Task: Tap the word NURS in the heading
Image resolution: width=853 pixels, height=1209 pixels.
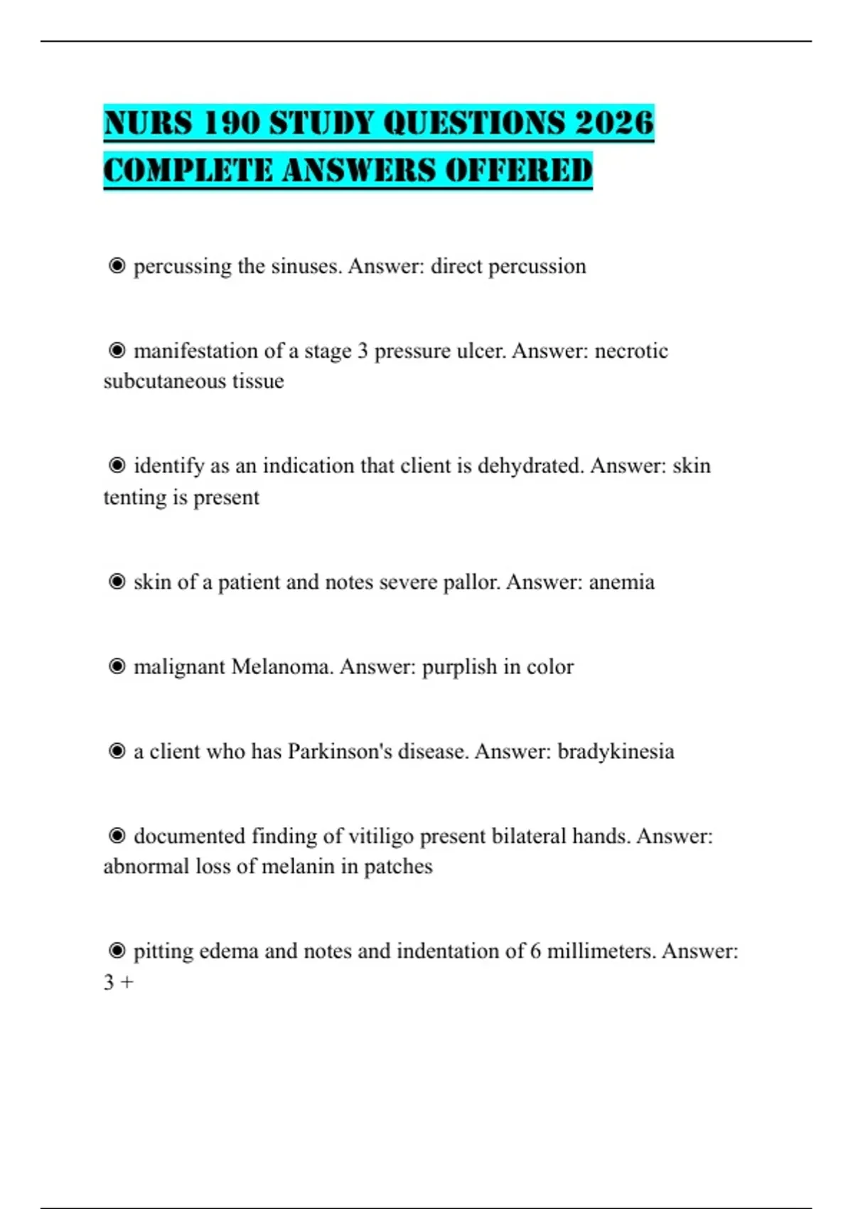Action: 148,122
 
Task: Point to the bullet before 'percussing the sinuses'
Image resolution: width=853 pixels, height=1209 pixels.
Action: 117,266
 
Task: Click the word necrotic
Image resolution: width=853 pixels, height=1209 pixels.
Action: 631,351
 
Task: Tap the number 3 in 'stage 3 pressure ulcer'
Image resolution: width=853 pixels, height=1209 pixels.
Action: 363,351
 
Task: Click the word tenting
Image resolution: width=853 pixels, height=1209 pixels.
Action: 134,497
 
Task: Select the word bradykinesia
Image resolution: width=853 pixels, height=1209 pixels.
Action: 616,751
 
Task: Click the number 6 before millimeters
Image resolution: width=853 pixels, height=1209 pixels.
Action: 535,951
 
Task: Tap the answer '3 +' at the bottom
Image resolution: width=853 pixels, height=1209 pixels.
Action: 118,982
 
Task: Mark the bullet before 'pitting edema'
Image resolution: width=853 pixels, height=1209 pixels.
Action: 117,951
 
